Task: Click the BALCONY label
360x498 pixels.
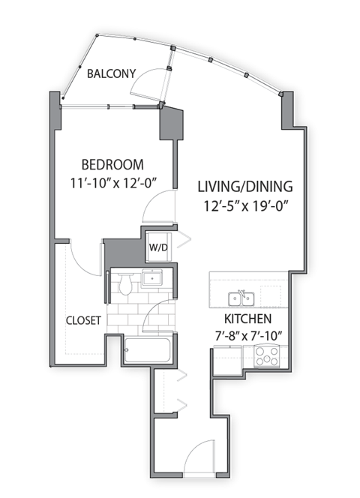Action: (x=111, y=73)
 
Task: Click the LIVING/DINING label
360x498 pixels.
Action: (x=245, y=186)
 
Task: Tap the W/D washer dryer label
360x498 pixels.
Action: (x=157, y=247)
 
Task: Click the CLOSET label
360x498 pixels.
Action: (x=83, y=320)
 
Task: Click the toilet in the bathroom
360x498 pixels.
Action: (x=124, y=284)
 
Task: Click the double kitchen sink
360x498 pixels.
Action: (x=241, y=299)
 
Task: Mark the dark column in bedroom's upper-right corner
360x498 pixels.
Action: (x=171, y=124)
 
